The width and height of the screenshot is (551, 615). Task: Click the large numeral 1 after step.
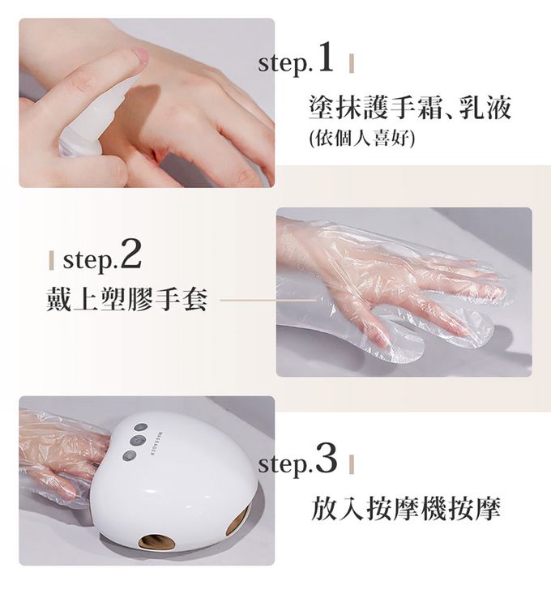tap(327, 58)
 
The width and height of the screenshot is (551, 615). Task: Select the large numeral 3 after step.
tap(327, 458)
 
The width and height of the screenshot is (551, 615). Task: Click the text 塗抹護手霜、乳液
tap(410, 107)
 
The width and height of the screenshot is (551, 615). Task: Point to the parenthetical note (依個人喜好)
tap(361, 138)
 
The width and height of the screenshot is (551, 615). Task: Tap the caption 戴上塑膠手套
tap(126, 299)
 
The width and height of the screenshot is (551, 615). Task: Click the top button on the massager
tap(141, 428)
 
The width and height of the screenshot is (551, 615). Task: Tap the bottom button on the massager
tap(130, 455)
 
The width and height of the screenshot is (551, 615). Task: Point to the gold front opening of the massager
tap(157, 541)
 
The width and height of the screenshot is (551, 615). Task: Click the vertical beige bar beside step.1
tap(352, 63)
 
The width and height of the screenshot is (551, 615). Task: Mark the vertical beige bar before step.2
tap(51, 260)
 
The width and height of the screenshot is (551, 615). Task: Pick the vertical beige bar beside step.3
tap(352, 464)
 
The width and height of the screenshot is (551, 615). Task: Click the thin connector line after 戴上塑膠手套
tap(268, 300)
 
